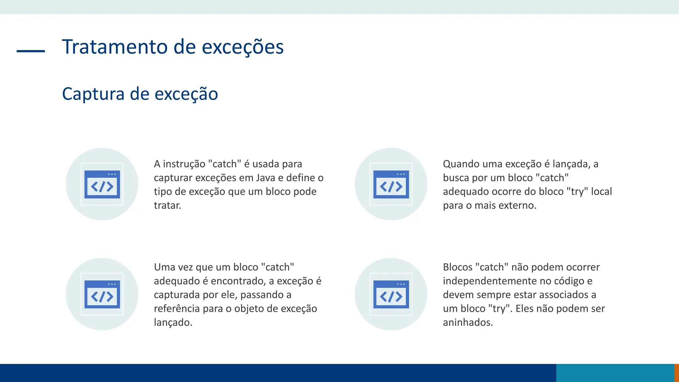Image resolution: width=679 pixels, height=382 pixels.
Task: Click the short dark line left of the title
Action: coord(31,51)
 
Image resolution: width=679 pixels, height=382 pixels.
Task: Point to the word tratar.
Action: coord(167,206)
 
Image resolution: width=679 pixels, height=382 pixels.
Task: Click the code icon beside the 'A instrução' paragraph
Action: coord(102,184)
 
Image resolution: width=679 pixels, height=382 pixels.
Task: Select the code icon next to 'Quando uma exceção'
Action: coord(391,184)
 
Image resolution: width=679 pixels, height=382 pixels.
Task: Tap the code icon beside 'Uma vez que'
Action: coord(102,294)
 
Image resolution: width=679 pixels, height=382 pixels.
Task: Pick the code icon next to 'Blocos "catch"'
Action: coord(391,294)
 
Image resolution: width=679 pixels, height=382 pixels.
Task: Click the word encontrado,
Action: coord(238,281)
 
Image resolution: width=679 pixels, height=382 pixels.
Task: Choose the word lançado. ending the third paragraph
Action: coord(173,323)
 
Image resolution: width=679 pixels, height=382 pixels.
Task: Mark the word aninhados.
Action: coord(468,323)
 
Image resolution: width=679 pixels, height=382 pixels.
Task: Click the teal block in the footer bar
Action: coord(615,373)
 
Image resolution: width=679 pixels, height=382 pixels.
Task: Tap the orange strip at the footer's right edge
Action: coord(676,373)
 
